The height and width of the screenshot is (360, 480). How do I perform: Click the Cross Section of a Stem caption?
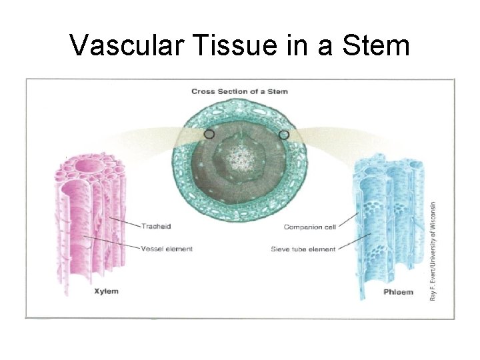(x=239, y=91)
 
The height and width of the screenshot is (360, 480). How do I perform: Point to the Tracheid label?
(x=155, y=226)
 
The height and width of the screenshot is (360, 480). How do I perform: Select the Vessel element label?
(x=167, y=249)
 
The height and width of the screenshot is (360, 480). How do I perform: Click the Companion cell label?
(x=310, y=227)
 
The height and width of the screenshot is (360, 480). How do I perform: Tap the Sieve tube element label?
(x=303, y=249)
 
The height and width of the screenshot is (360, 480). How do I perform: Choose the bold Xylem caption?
(x=106, y=291)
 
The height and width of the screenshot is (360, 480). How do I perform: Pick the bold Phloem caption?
(x=399, y=291)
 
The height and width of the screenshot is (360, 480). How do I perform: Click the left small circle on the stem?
(x=209, y=134)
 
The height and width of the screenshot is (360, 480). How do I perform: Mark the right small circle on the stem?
(x=284, y=135)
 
